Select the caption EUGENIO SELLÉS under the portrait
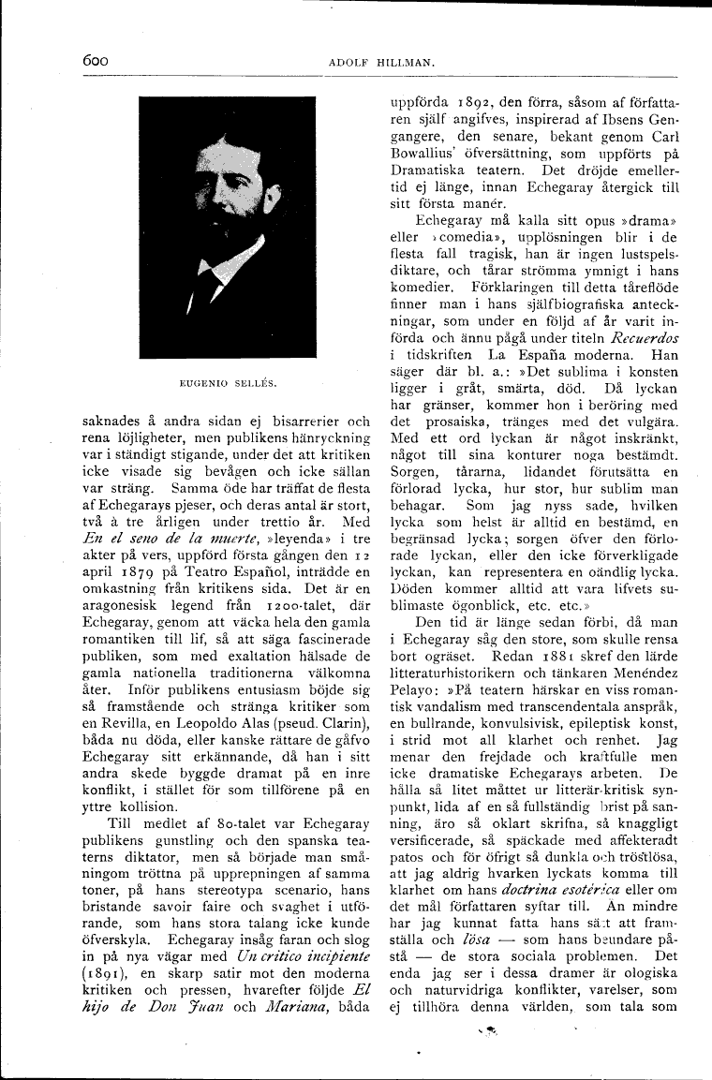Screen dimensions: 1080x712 227,383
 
